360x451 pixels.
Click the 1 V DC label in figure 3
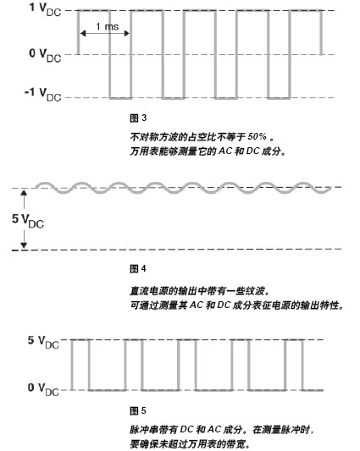[x=45, y=9]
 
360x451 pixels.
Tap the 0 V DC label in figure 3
[x=45, y=55]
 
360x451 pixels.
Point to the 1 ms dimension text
[x=107, y=27]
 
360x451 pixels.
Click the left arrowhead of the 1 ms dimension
[x=83, y=34]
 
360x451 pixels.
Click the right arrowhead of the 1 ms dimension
[x=127, y=34]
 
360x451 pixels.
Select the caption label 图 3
[x=138, y=118]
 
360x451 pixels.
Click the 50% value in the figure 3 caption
[x=257, y=136]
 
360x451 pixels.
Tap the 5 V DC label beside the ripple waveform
[x=28, y=221]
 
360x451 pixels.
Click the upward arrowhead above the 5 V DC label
[x=24, y=192]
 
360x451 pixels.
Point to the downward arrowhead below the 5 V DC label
[x=24, y=245]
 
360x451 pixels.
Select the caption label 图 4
[x=138, y=269]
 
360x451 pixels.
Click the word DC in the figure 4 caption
[x=224, y=305]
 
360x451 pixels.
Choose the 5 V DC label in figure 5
[x=43, y=342]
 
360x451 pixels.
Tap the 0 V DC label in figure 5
[x=43, y=389]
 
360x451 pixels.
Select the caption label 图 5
[x=138, y=410]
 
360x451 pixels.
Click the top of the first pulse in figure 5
[x=80, y=340]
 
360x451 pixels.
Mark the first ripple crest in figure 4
[x=43, y=184]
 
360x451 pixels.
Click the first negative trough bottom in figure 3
[x=120, y=98]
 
